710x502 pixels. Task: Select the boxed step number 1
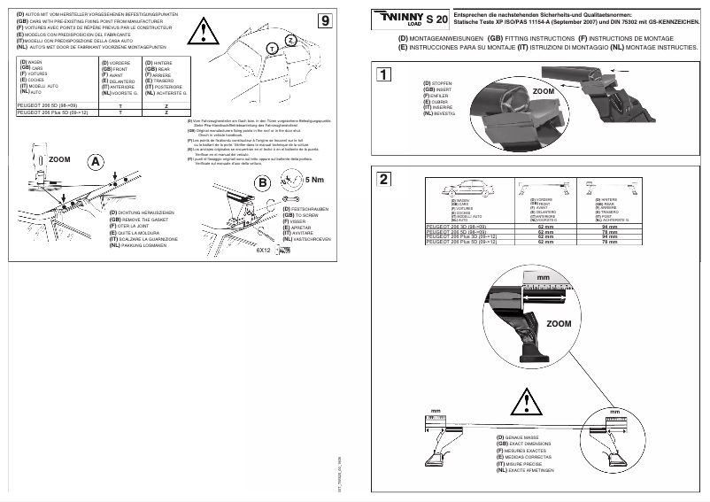point(383,75)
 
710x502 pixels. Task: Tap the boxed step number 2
point(383,179)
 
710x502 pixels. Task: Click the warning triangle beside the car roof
point(206,34)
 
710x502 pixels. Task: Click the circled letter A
point(96,161)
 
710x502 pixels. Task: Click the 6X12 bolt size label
point(262,251)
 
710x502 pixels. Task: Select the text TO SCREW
point(306,215)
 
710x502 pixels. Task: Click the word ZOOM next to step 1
point(544,91)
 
